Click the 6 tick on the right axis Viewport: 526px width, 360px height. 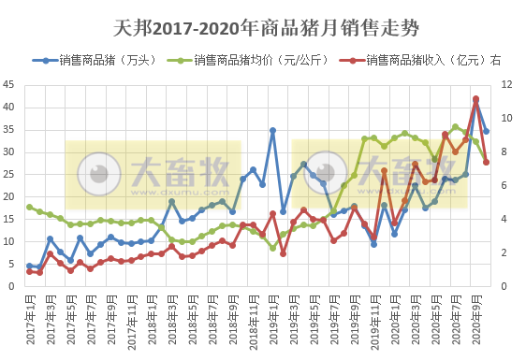(x=504, y=185)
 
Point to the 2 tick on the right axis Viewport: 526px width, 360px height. (x=504, y=252)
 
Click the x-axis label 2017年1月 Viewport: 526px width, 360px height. (x=31, y=318)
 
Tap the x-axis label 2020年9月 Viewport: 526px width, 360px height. (x=477, y=318)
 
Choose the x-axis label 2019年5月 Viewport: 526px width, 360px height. (x=315, y=318)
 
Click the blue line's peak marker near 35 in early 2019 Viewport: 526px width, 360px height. (x=272, y=131)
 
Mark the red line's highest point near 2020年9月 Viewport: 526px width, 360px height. (x=476, y=99)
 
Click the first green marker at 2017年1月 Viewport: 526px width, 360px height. (x=30, y=208)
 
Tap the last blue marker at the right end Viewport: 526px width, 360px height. (x=487, y=131)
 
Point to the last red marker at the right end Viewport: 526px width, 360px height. (x=487, y=162)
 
